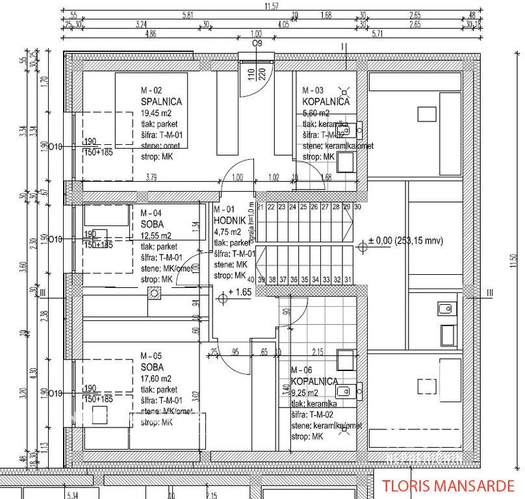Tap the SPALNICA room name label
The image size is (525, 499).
(160, 102)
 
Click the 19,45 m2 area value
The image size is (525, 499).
(157, 113)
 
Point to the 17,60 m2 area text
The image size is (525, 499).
(157, 379)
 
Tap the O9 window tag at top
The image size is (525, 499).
(257, 43)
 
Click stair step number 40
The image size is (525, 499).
(251, 280)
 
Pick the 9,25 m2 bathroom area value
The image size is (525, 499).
(305, 392)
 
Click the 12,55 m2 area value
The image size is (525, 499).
(157, 236)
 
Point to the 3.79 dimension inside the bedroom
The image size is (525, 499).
(151, 176)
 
